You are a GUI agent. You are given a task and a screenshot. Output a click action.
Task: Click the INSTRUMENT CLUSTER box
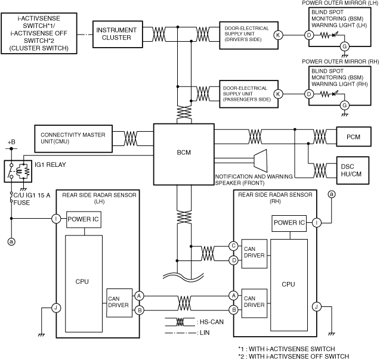click(x=113, y=34)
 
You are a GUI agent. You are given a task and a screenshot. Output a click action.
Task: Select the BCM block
click(x=183, y=152)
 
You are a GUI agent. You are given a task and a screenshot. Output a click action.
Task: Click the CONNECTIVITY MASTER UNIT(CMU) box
click(x=73, y=138)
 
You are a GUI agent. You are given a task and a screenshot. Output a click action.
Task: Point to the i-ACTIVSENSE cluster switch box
click(x=39, y=33)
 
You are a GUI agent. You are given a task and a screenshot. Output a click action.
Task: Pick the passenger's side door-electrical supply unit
click(x=246, y=94)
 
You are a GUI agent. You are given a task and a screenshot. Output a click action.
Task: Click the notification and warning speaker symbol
click(x=259, y=162)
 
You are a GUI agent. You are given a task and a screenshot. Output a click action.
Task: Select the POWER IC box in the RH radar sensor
click(x=289, y=223)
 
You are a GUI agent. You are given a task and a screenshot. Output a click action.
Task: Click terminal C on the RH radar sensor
click(x=234, y=245)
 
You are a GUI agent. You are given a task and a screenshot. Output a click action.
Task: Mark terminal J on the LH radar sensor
click(x=55, y=308)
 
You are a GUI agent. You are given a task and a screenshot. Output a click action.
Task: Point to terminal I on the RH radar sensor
click(x=316, y=223)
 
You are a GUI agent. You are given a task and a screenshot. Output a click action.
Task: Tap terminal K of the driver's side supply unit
click(x=278, y=35)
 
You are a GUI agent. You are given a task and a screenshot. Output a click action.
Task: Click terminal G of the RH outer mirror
click(x=344, y=105)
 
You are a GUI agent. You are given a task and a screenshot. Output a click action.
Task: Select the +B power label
click(x=10, y=143)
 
